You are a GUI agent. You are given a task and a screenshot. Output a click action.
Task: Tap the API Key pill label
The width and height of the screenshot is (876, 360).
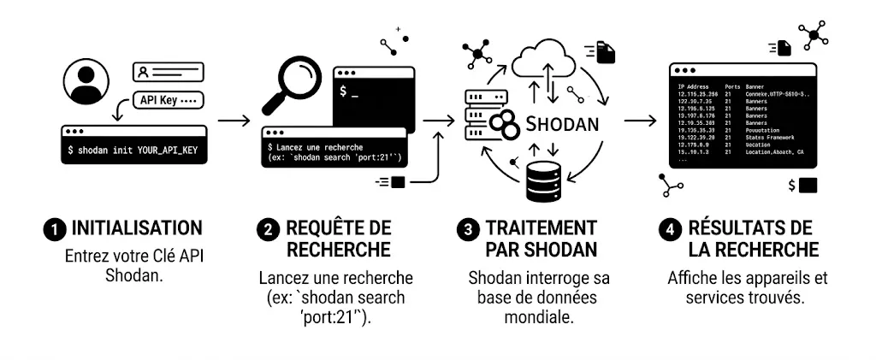coord(168,101)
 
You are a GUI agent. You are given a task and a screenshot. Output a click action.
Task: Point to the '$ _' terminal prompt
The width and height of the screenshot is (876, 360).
coord(349,90)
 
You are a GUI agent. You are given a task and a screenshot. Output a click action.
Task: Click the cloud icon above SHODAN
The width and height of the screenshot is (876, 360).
coord(547,58)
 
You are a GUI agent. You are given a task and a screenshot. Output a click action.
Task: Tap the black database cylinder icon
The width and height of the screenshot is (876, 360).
coord(545,177)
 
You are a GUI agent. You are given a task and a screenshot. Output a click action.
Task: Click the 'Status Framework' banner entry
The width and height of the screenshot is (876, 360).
coord(769,137)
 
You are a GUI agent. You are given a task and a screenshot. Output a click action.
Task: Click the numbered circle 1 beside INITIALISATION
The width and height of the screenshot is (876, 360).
coord(55,229)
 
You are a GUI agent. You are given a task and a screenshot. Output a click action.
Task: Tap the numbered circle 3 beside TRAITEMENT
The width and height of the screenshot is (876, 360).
coord(468,229)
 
